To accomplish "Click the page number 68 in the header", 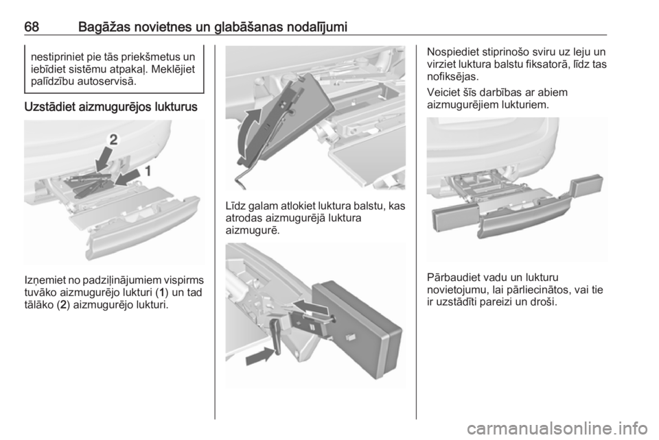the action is pos(32,27).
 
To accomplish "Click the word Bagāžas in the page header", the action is pos(104,28).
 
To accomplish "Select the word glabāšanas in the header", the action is pos(249,27).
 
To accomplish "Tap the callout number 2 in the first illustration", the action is pos(113,140).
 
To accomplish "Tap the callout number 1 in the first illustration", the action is pos(148,171).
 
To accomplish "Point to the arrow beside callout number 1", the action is pos(128,177).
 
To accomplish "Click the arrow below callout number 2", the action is pos(103,160).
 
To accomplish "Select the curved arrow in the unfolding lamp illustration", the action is pos(251,132).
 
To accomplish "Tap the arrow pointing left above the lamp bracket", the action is pos(310,306).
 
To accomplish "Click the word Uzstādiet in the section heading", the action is pos(50,107).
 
